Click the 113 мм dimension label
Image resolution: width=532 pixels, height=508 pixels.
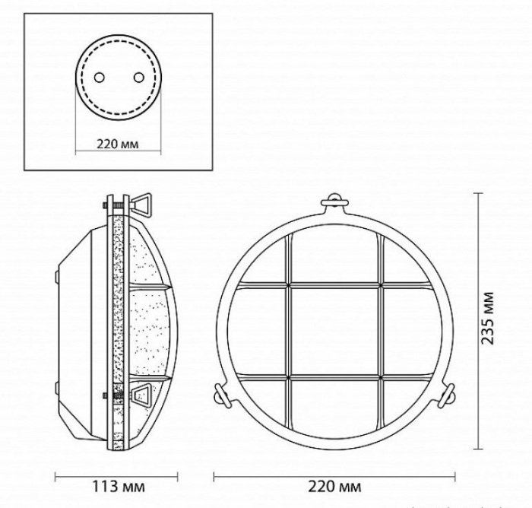coord(119,487)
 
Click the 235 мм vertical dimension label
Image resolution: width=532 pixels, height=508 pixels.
coord(488,318)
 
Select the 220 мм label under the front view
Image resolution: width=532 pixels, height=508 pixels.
coord(334,487)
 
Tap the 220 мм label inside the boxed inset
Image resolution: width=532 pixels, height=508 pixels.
coord(118,144)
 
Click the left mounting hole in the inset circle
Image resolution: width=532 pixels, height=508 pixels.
coord(100,78)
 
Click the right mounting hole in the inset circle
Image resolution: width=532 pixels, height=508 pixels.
coord(139,78)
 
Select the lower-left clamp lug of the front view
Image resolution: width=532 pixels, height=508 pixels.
coord(221,395)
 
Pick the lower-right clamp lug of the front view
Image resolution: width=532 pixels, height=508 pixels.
coord(447,395)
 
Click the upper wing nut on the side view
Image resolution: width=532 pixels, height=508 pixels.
coord(142,204)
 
